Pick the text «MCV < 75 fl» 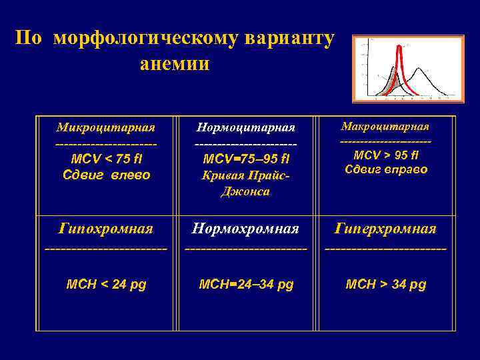click(x=106, y=160)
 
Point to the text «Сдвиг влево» click(x=106, y=175)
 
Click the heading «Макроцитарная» click(x=385, y=126)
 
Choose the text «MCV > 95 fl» click(x=385, y=155)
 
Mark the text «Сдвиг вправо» click(x=385, y=169)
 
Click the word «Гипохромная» click(x=105, y=229)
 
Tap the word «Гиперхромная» click(x=385, y=229)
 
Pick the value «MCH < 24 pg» click(x=107, y=285)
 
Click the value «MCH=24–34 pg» click(x=246, y=285)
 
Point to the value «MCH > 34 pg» click(x=385, y=285)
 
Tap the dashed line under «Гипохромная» click(x=105, y=249)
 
